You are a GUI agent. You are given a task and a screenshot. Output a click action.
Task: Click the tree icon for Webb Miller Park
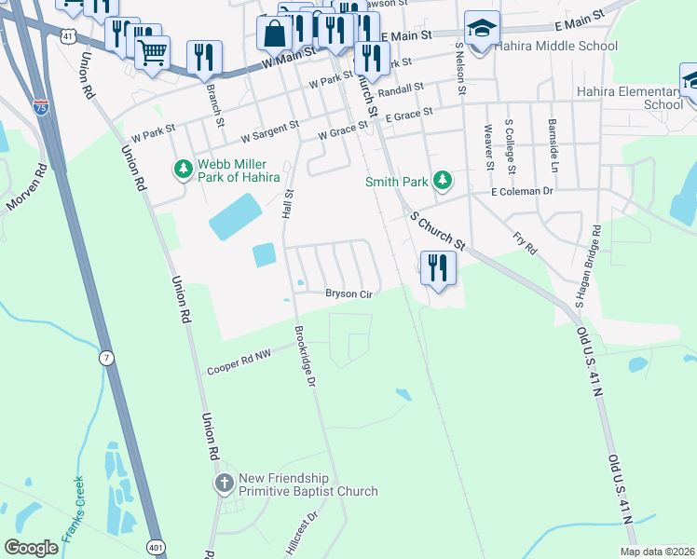tap(182, 169)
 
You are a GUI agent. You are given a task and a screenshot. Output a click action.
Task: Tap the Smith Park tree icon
tap(444, 180)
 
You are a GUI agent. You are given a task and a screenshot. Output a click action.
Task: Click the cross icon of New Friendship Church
tap(224, 483)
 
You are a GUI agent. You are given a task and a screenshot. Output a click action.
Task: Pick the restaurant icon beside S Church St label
tap(437, 268)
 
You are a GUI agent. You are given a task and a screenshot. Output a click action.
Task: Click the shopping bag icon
tap(275, 34)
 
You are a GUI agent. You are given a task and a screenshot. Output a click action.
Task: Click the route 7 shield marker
tap(107, 358)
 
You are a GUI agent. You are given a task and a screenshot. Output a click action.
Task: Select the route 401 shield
tap(155, 545)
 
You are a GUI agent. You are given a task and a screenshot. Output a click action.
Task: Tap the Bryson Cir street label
tap(348, 294)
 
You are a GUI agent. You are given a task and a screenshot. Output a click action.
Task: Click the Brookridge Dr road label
tap(305, 351)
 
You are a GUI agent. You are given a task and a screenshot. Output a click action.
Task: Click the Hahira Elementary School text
tap(630, 98)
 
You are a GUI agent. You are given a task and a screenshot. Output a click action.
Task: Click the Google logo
tap(32, 547)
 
